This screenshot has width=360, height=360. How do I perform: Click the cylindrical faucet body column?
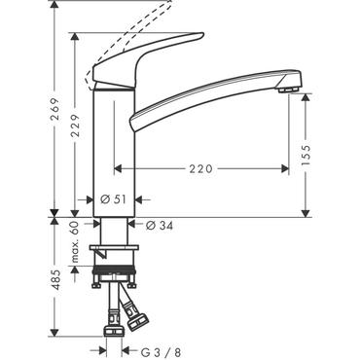point(112,146)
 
